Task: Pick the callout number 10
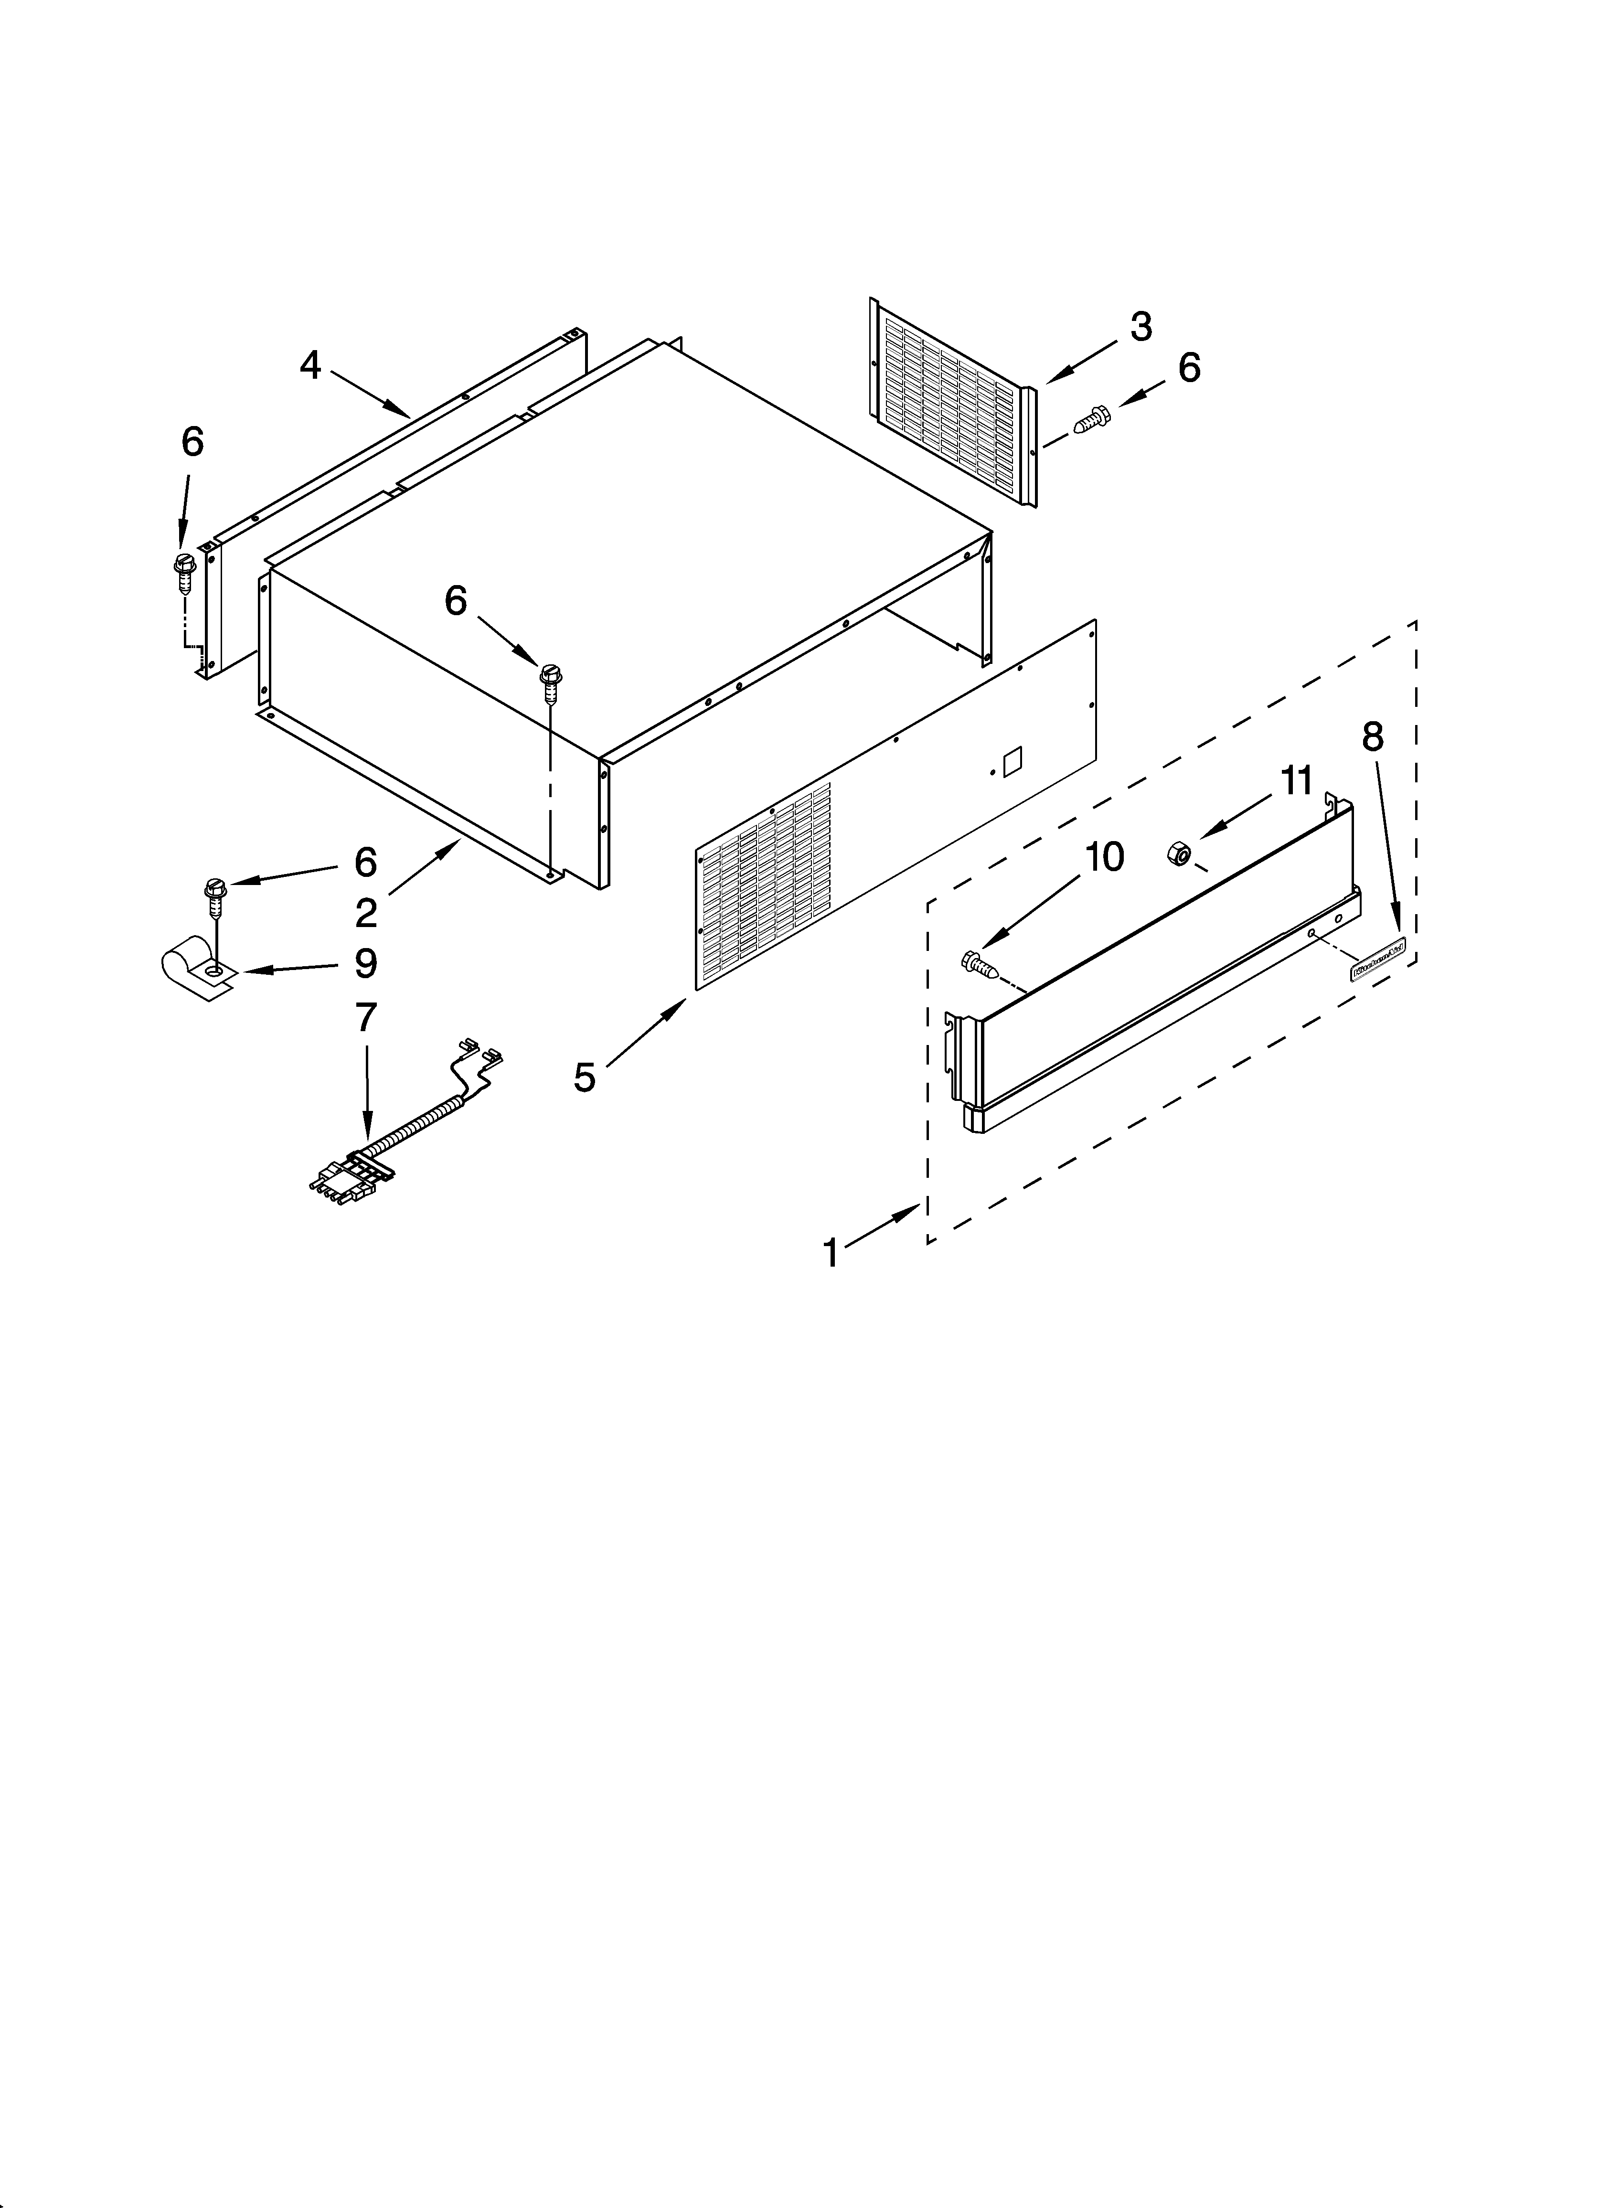pyautogui.click(x=1104, y=857)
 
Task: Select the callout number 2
pyautogui.click(x=365, y=913)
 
